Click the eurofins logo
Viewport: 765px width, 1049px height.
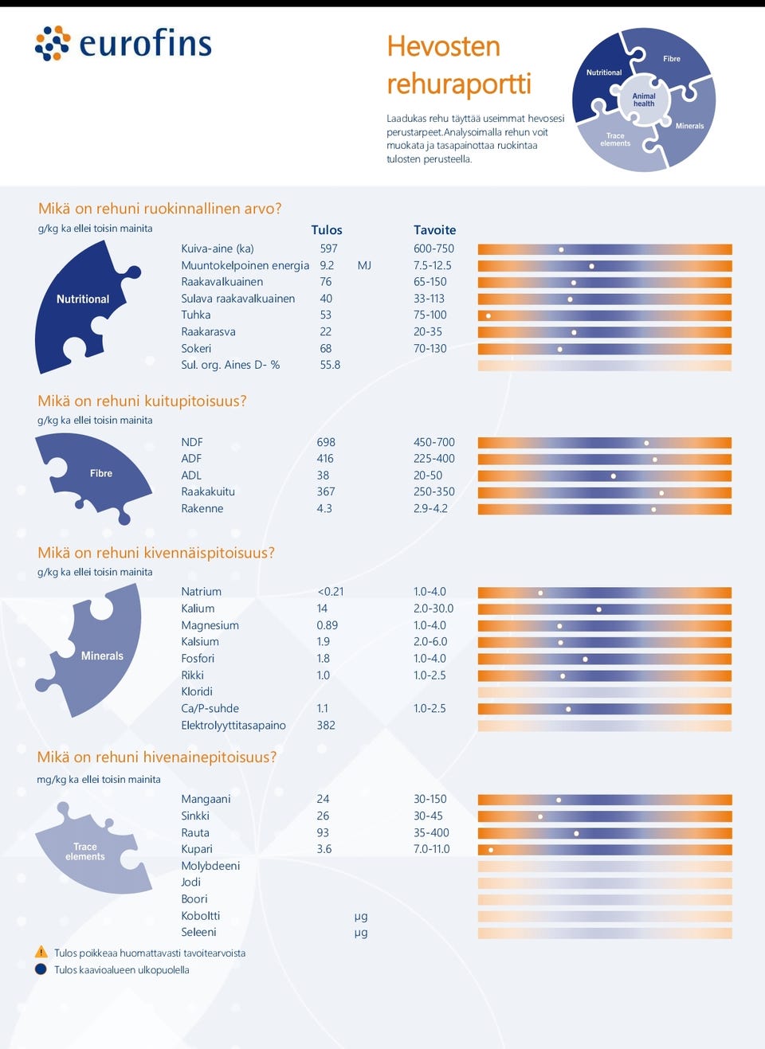pyautogui.click(x=124, y=44)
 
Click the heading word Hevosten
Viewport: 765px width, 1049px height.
pyautogui.click(x=443, y=47)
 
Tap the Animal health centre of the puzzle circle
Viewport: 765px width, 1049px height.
pyautogui.click(x=644, y=100)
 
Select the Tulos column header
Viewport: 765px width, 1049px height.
pyautogui.click(x=327, y=230)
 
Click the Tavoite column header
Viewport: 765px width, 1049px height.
pyautogui.click(x=434, y=230)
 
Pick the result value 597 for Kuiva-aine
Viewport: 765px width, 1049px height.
pyautogui.click(x=328, y=249)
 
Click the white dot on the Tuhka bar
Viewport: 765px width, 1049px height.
pyautogui.click(x=488, y=316)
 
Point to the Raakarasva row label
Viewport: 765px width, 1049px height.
pyautogui.click(x=208, y=332)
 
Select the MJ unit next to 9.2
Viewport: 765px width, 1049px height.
pyautogui.click(x=364, y=265)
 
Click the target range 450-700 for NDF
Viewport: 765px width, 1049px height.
pyautogui.click(x=433, y=442)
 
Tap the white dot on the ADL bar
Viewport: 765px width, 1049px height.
pyautogui.click(x=614, y=476)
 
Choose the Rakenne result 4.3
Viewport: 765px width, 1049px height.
pyautogui.click(x=324, y=509)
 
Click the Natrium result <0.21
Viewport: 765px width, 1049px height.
pyautogui.click(x=330, y=592)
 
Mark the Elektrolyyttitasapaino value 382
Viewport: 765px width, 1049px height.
pyautogui.click(x=326, y=726)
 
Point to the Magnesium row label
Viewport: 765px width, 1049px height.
pyautogui.click(x=210, y=625)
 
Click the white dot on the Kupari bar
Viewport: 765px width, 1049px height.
pyautogui.click(x=491, y=850)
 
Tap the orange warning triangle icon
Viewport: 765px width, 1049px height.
pyautogui.click(x=41, y=953)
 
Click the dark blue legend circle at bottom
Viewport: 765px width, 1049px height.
pyautogui.click(x=41, y=969)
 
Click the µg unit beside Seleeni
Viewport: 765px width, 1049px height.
pyautogui.click(x=361, y=933)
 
